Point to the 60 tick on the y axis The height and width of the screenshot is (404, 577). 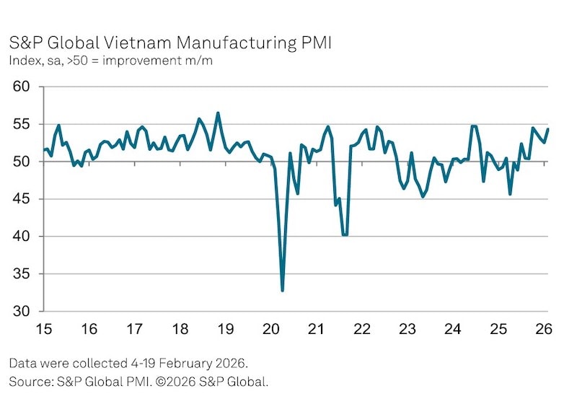24,87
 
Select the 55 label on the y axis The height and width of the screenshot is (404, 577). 24,124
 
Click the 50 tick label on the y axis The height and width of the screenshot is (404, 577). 24,162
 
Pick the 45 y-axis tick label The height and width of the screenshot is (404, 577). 24,199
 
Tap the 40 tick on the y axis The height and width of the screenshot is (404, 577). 24,237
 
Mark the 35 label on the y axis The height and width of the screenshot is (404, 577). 24,274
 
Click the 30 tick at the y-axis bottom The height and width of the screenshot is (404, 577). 24,312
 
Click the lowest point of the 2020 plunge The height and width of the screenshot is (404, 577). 282,291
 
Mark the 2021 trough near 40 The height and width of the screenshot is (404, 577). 345,234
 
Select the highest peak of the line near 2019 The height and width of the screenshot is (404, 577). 218,113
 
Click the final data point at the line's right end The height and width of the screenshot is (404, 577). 548,129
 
